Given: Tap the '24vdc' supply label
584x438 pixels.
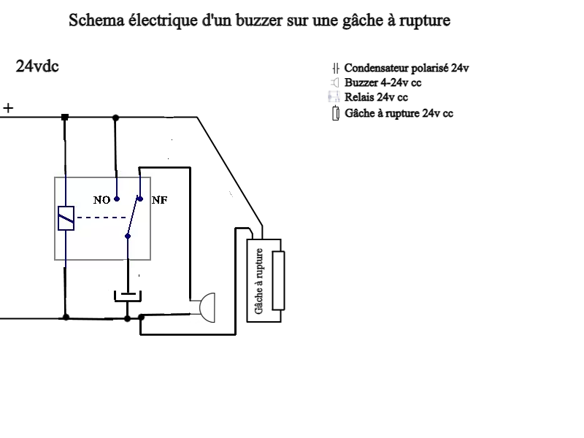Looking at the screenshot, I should point(37,66).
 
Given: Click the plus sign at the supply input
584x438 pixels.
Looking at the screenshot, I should point(8,108).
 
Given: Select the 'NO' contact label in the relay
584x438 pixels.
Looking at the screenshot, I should point(101,199).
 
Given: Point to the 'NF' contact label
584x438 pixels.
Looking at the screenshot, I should point(159,199).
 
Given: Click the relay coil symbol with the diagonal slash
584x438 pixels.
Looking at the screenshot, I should point(66,218).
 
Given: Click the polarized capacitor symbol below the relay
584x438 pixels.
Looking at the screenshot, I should point(128,296).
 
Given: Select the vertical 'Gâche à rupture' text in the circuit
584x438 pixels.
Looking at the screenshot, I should point(259,281).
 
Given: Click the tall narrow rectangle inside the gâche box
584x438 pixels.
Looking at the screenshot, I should point(277,280).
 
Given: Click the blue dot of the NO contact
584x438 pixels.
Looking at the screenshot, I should point(116,198).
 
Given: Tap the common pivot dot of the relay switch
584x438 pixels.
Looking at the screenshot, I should point(128,235).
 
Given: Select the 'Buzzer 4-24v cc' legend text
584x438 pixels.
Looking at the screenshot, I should point(383,82).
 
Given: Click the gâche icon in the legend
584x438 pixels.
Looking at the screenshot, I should point(335,113).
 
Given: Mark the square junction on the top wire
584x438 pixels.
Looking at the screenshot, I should point(65,117).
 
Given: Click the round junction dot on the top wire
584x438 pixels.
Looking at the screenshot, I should point(115,117).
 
